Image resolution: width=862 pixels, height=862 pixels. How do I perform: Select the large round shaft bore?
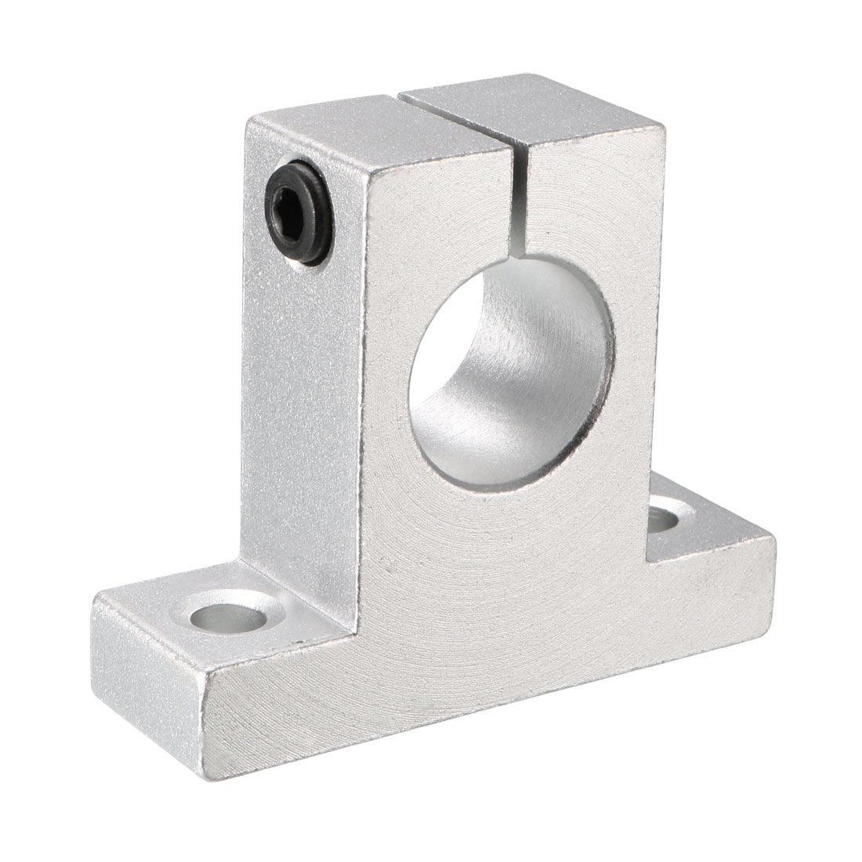(512, 372)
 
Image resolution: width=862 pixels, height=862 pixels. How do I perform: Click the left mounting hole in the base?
(230, 615)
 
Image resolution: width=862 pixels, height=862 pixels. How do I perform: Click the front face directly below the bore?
(509, 564)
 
